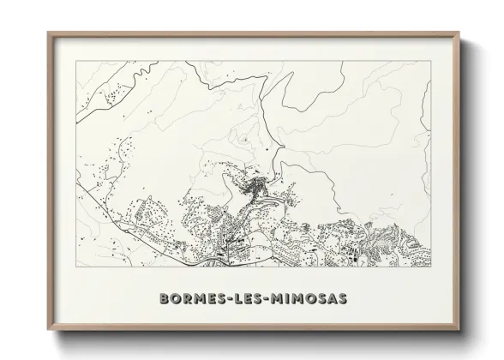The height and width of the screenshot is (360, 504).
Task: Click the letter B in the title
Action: click(165, 299)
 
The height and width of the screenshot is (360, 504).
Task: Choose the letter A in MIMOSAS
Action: click(332, 299)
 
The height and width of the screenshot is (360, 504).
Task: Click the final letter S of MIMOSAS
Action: click(343, 299)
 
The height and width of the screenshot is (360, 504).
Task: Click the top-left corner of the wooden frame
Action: click(48, 33)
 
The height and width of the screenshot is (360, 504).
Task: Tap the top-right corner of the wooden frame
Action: click(459, 33)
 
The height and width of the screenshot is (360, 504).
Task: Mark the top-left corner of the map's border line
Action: click(75, 62)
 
